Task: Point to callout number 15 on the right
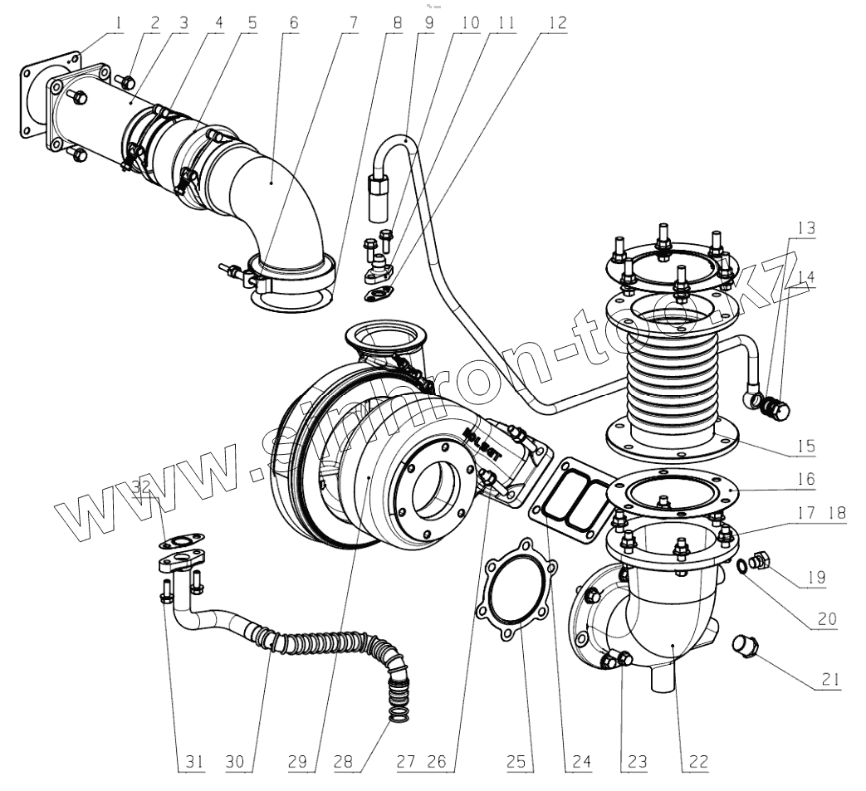pyautogui.click(x=803, y=447)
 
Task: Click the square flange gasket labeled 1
pyautogui.click(x=33, y=95)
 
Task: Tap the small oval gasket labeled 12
pyautogui.click(x=380, y=290)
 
